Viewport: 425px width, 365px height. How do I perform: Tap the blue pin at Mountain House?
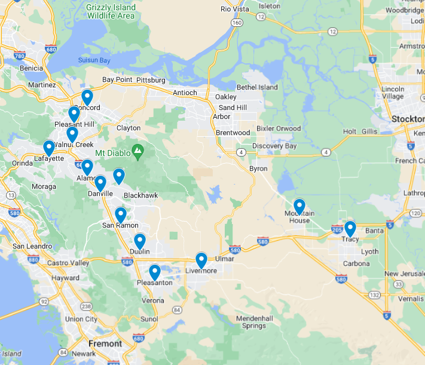coord(299,207)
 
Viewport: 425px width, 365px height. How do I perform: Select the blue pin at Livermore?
coord(201,260)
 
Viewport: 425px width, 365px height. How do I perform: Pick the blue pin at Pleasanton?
coord(155,272)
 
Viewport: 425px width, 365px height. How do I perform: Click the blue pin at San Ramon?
coord(121,214)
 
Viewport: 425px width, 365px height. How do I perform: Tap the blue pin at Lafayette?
coord(49,148)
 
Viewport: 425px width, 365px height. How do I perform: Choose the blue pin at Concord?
coord(87,97)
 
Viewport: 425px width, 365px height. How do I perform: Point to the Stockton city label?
coord(408,119)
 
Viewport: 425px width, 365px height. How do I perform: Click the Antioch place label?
coord(185,93)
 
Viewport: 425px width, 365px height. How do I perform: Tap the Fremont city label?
coord(105,343)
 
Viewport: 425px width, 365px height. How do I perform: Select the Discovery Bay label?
coord(274,146)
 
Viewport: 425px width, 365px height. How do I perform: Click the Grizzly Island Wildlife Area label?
coord(111,11)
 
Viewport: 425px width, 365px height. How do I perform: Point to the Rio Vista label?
coord(234,9)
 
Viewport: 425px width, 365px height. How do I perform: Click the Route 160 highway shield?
coord(237,23)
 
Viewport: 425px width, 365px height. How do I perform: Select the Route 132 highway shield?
coord(375,295)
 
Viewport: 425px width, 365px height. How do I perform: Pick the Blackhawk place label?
coord(140,195)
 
